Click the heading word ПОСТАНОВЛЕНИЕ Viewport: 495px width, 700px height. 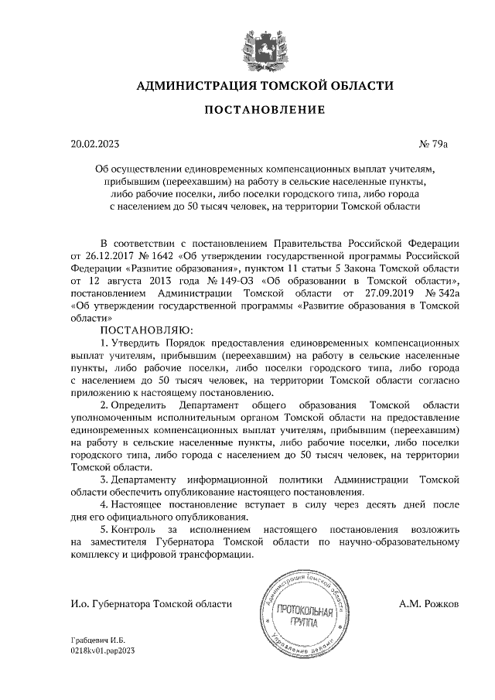coord(265,111)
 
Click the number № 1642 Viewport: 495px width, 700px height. coord(155,257)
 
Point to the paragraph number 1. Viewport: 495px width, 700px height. coord(104,343)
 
